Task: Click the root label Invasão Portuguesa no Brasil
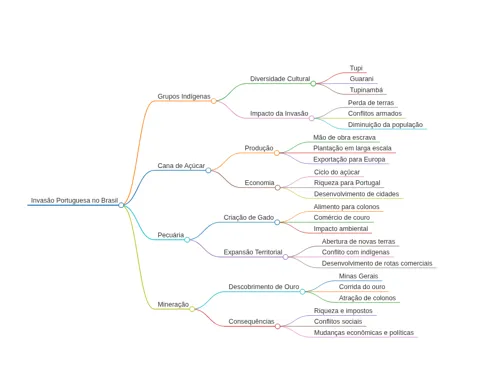coord(74,200)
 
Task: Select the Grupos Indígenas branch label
coord(184,96)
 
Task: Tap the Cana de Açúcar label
coord(181,166)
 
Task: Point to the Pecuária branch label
coord(171,235)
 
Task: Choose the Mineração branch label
coord(173,304)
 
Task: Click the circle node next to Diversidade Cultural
coord(313,84)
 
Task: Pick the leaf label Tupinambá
coord(366,90)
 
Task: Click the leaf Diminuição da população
coord(385,125)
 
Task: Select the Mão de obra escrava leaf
coord(344,137)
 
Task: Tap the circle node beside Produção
coord(277,153)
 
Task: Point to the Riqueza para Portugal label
coord(347,183)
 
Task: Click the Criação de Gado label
coord(249,217)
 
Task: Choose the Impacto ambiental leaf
coord(341,229)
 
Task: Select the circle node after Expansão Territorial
coord(285,257)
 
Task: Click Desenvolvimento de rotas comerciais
coord(377,263)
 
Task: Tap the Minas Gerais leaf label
coord(358,276)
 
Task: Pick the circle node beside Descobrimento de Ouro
coord(302,292)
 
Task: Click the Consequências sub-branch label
coord(251,321)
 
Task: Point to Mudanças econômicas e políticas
coord(364,333)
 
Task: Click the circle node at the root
coord(121,205)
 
